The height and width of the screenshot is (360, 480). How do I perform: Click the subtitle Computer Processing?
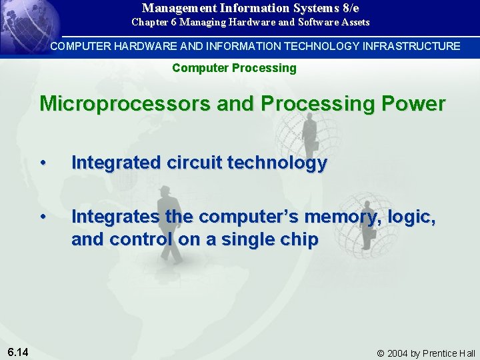[234, 68]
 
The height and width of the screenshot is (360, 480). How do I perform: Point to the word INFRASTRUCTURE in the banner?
[411, 46]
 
